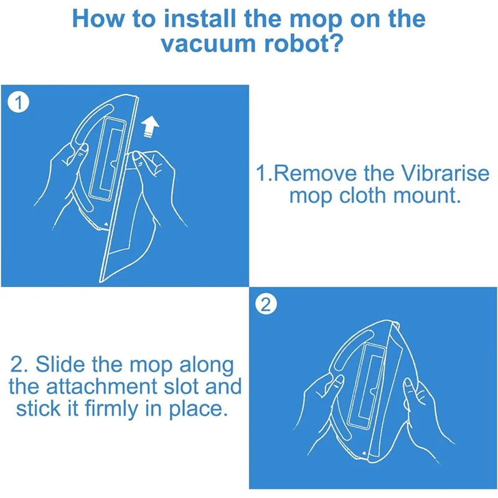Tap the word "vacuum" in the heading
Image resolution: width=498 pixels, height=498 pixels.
click(x=208, y=44)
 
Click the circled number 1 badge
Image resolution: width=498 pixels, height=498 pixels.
click(x=19, y=103)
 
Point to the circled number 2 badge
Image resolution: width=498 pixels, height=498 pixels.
click(x=266, y=305)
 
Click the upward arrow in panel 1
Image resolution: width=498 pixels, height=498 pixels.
click(x=150, y=126)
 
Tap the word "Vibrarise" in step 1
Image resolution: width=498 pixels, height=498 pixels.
click(x=445, y=174)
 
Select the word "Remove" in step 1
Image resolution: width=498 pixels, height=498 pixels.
click(x=315, y=174)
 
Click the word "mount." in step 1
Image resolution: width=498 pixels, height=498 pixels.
click(x=427, y=195)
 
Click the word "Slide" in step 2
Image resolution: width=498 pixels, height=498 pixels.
click(x=60, y=364)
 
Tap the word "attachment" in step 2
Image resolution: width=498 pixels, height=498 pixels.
click(x=101, y=387)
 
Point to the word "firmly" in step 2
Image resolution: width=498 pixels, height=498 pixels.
click(x=111, y=410)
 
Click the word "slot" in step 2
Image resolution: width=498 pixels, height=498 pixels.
click(x=181, y=386)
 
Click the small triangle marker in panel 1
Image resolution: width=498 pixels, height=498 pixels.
click(x=106, y=224)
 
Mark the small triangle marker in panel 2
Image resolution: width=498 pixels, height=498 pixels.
click(x=364, y=453)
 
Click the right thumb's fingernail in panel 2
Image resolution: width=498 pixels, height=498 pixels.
click(x=408, y=384)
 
